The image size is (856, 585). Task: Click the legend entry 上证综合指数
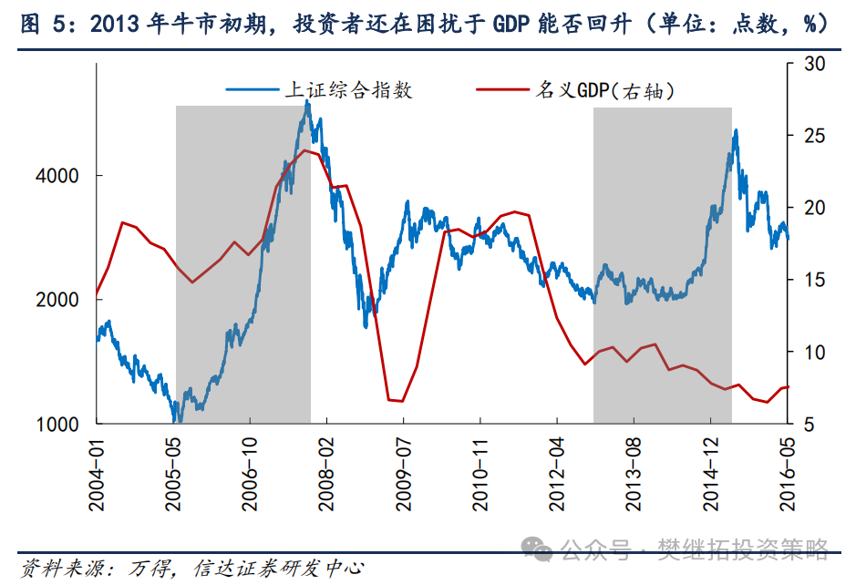click(349, 89)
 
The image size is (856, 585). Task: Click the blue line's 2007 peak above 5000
click(307, 102)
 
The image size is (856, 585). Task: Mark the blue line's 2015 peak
click(735, 131)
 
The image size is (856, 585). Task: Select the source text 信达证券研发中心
click(279, 568)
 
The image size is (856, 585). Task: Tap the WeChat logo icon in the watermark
click(536, 549)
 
